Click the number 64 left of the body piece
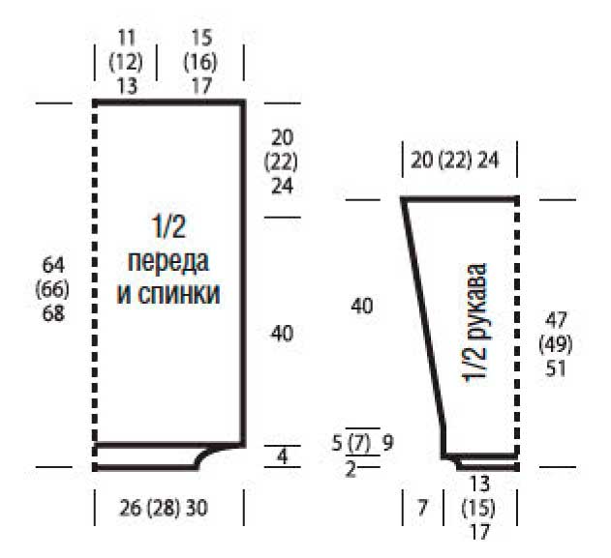point(53,265)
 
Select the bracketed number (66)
point(52,289)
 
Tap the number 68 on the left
point(53,313)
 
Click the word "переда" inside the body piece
point(168,262)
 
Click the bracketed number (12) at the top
point(126,62)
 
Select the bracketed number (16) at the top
point(200,62)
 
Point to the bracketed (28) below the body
point(164,508)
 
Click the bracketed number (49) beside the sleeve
point(556,345)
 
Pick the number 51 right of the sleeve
point(556,368)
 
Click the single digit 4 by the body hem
point(282,456)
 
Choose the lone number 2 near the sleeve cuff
point(351,469)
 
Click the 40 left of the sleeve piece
point(361,306)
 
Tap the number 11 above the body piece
point(126,38)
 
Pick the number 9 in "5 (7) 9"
point(387,443)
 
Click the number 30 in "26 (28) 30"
point(197,508)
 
